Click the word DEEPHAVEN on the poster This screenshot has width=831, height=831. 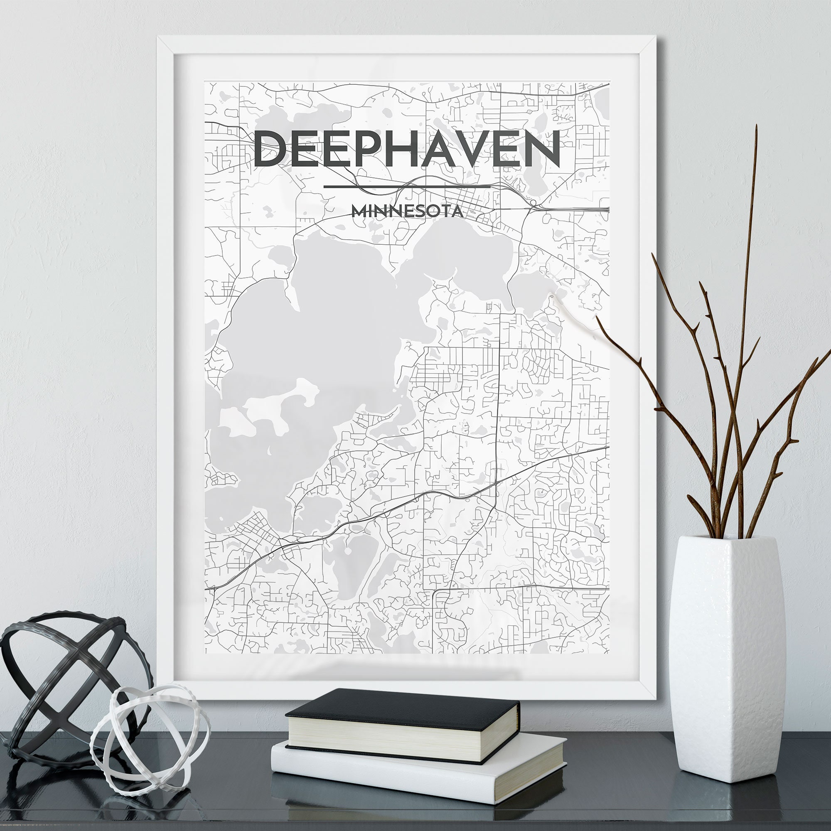tap(406, 148)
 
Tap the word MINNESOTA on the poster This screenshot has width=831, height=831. tap(407, 211)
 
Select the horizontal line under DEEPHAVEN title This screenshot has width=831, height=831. tap(407, 187)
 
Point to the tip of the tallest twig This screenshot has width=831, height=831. tap(756, 127)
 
